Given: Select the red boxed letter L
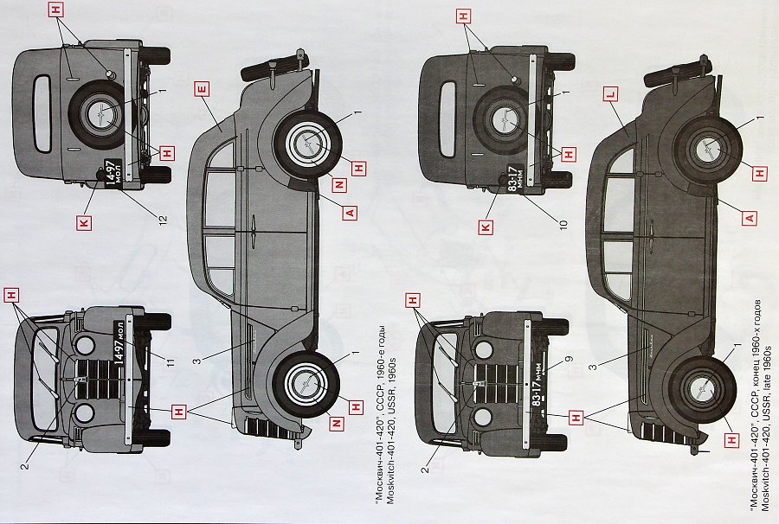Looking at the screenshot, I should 609,93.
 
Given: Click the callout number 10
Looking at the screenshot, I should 563,225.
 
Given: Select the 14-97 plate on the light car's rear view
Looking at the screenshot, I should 112,170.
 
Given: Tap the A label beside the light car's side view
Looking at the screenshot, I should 350,212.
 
